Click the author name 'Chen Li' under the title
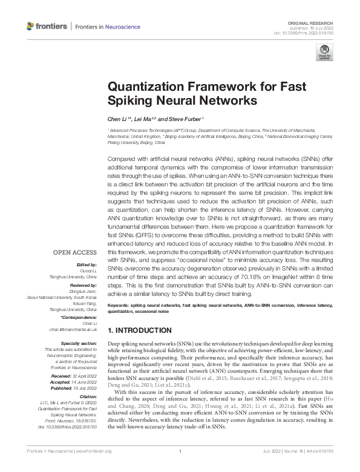(118, 119)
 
